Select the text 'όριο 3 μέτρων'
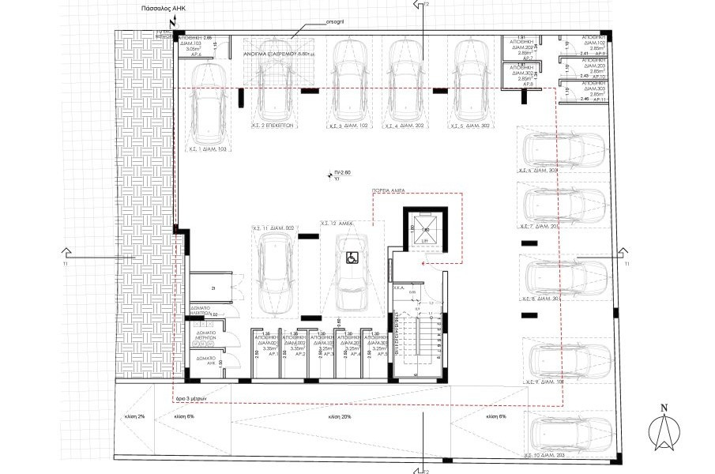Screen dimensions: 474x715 click(x=191, y=400)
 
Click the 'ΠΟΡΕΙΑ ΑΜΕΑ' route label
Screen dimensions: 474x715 click(x=389, y=192)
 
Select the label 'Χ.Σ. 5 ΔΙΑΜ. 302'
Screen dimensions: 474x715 click(x=469, y=126)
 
